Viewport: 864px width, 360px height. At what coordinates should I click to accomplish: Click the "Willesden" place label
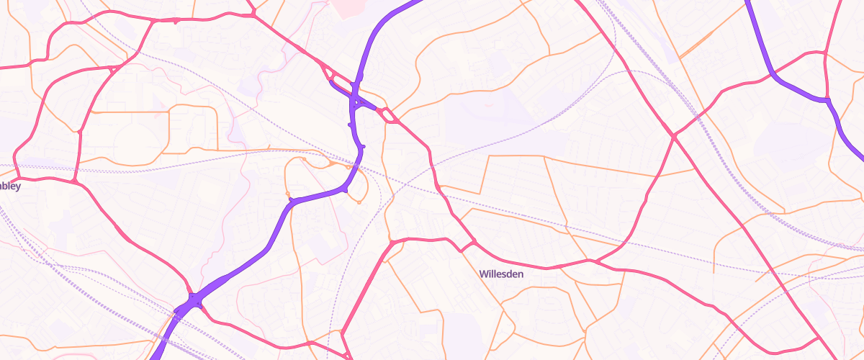tap(503, 274)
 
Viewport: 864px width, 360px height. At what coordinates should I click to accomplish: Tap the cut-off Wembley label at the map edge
tap(10, 186)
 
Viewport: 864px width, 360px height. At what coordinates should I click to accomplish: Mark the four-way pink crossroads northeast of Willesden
tap(674, 135)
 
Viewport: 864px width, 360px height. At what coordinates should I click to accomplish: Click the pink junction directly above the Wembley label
tap(74, 180)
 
